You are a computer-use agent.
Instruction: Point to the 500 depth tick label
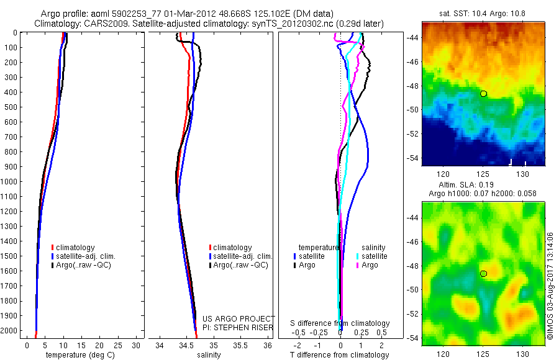(11, 107)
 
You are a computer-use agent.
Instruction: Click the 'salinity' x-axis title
(209, 355)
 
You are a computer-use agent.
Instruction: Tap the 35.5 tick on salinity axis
(240, 344)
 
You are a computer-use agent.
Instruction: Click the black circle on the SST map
(483, 94)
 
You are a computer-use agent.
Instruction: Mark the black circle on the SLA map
(483, 273)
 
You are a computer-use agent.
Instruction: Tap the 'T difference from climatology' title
(340, 355)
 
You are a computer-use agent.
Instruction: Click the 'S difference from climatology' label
(340, 323)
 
